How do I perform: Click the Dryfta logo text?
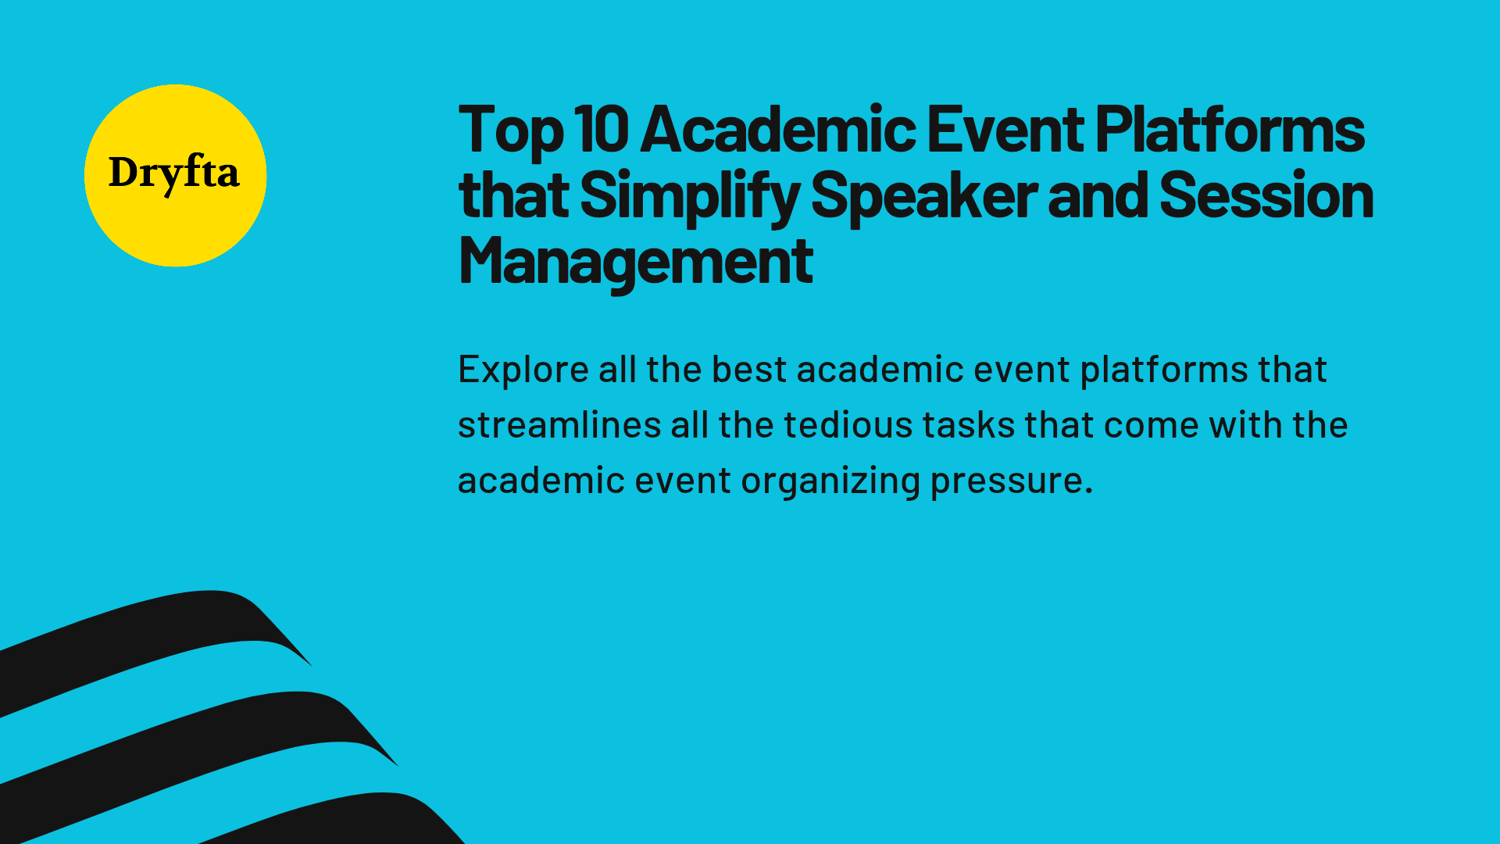point(173,173)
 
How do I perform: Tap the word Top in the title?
point(510,131)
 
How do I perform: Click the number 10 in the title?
point(601,129)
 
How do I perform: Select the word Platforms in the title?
point(1229,129)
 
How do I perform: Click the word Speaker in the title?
point(923,196)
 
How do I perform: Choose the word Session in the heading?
point(1266,195)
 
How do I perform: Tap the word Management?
point(635,262)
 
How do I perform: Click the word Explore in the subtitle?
point(523,370)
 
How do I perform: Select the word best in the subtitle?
point(748,370)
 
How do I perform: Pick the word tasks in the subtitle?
point(968,425)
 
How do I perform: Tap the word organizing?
point(830,481)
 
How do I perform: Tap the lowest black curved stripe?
point(352,817)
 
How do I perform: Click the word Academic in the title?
point(778,129)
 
